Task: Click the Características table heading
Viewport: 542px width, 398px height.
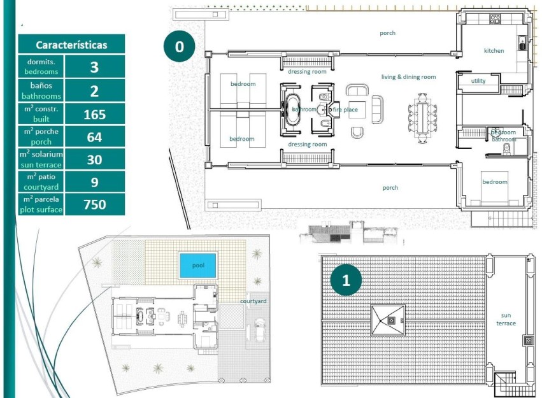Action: click(x=71, y=45)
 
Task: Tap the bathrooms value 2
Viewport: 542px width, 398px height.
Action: click(x=94, y=91)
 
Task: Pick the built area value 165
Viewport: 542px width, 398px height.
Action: click(x=94, y=115)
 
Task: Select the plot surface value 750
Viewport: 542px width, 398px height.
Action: click(x=94, y=204)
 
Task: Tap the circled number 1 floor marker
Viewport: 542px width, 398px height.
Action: click(x=346, y=280)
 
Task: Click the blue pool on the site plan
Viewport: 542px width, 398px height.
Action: click(x=197, y=264)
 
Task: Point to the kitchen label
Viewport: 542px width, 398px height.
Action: click(x=494, y=51)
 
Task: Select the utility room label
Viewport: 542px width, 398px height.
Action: click(x=478, y=81)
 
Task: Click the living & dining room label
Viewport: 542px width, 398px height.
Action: click(x=408, y=77)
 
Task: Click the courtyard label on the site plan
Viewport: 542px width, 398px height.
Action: click(x=253, y=301)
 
